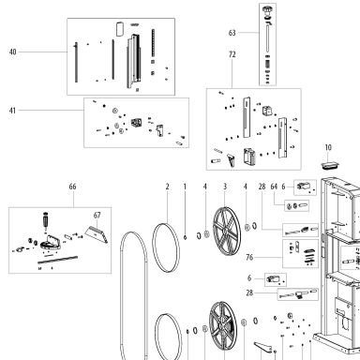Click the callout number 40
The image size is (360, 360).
[13, 52]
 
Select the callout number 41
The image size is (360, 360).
[12, 111]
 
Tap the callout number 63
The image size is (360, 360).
[232, 33]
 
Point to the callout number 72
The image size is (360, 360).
[232, 54]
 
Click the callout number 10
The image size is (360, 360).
[328, 147]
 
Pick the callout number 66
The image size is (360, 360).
[72, 187]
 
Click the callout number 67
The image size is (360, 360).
[97, 216]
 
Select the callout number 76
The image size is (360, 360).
[249, 258]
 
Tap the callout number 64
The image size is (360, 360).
[274, 187]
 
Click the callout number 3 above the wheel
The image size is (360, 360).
[225, 187]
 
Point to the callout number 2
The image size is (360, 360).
[168, 187]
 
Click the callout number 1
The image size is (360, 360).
[185, 187]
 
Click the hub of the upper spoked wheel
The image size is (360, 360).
[226, 231]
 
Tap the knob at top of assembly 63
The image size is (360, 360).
[267, 10]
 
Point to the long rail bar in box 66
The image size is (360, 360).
[57, 260]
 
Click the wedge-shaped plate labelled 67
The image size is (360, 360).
[97, 234]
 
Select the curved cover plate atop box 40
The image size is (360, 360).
[120, 29]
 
